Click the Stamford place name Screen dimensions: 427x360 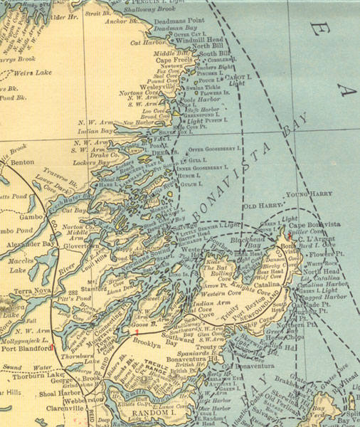pyautogui.click(x=80, y=270)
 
